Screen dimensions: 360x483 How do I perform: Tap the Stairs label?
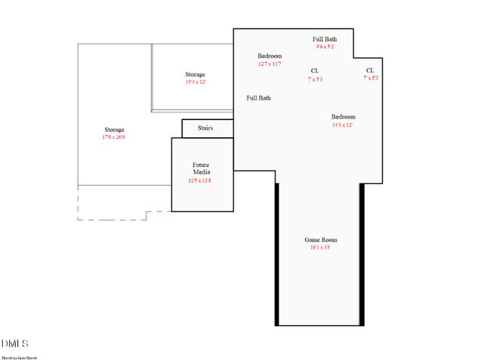coord(205,128)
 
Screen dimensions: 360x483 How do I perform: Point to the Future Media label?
coord(201,168)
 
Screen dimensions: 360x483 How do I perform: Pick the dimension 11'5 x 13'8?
coord(201,181)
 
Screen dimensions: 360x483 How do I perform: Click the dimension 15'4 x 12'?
coord(195,82)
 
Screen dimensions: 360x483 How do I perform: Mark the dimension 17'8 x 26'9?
coord(114,138)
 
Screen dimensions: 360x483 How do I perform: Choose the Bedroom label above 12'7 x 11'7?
coord(269,57)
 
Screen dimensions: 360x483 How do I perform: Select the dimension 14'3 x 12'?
coord(343,125)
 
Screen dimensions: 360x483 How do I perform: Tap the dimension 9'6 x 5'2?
coord(325,47)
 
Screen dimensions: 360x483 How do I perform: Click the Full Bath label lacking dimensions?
coord(259,98)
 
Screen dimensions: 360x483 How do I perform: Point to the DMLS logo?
coord(15,344)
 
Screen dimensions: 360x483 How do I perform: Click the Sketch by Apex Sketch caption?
coord(19,357)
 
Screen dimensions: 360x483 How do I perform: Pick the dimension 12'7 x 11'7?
coord(269,64)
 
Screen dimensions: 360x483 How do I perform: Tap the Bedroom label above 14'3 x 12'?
coord(343,117)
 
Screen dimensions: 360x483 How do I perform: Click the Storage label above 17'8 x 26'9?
coord(114,131)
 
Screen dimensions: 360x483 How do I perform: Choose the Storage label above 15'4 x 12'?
coord(195,75)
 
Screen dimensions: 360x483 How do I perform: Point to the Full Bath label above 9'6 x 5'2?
coord(325,39)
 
